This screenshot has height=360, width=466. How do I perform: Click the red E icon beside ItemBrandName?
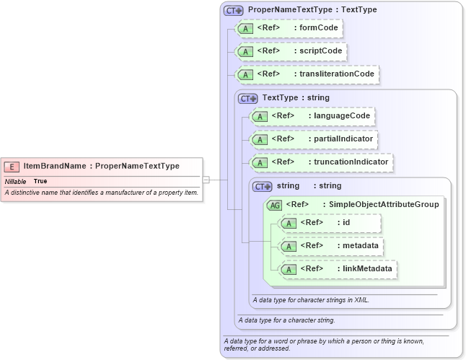coord(13,166)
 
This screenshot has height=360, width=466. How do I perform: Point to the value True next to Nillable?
coord(40,181)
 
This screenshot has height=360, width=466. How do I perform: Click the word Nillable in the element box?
coord(15,181)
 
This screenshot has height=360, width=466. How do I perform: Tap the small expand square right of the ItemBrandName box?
coord(206,179)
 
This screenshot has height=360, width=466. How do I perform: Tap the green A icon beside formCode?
coord(245,29)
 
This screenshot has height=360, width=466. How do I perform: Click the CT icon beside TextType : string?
coord(247,98)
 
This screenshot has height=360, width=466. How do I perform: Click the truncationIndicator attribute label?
coord(350,162)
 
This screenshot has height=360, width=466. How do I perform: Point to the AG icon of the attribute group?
coord(274,205)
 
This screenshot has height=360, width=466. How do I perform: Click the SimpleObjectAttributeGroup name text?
coord(384,205)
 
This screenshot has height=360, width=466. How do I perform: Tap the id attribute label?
coord(346,223)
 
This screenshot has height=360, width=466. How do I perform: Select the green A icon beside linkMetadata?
coord(289,269)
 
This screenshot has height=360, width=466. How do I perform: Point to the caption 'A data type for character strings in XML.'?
coord(310,299)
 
